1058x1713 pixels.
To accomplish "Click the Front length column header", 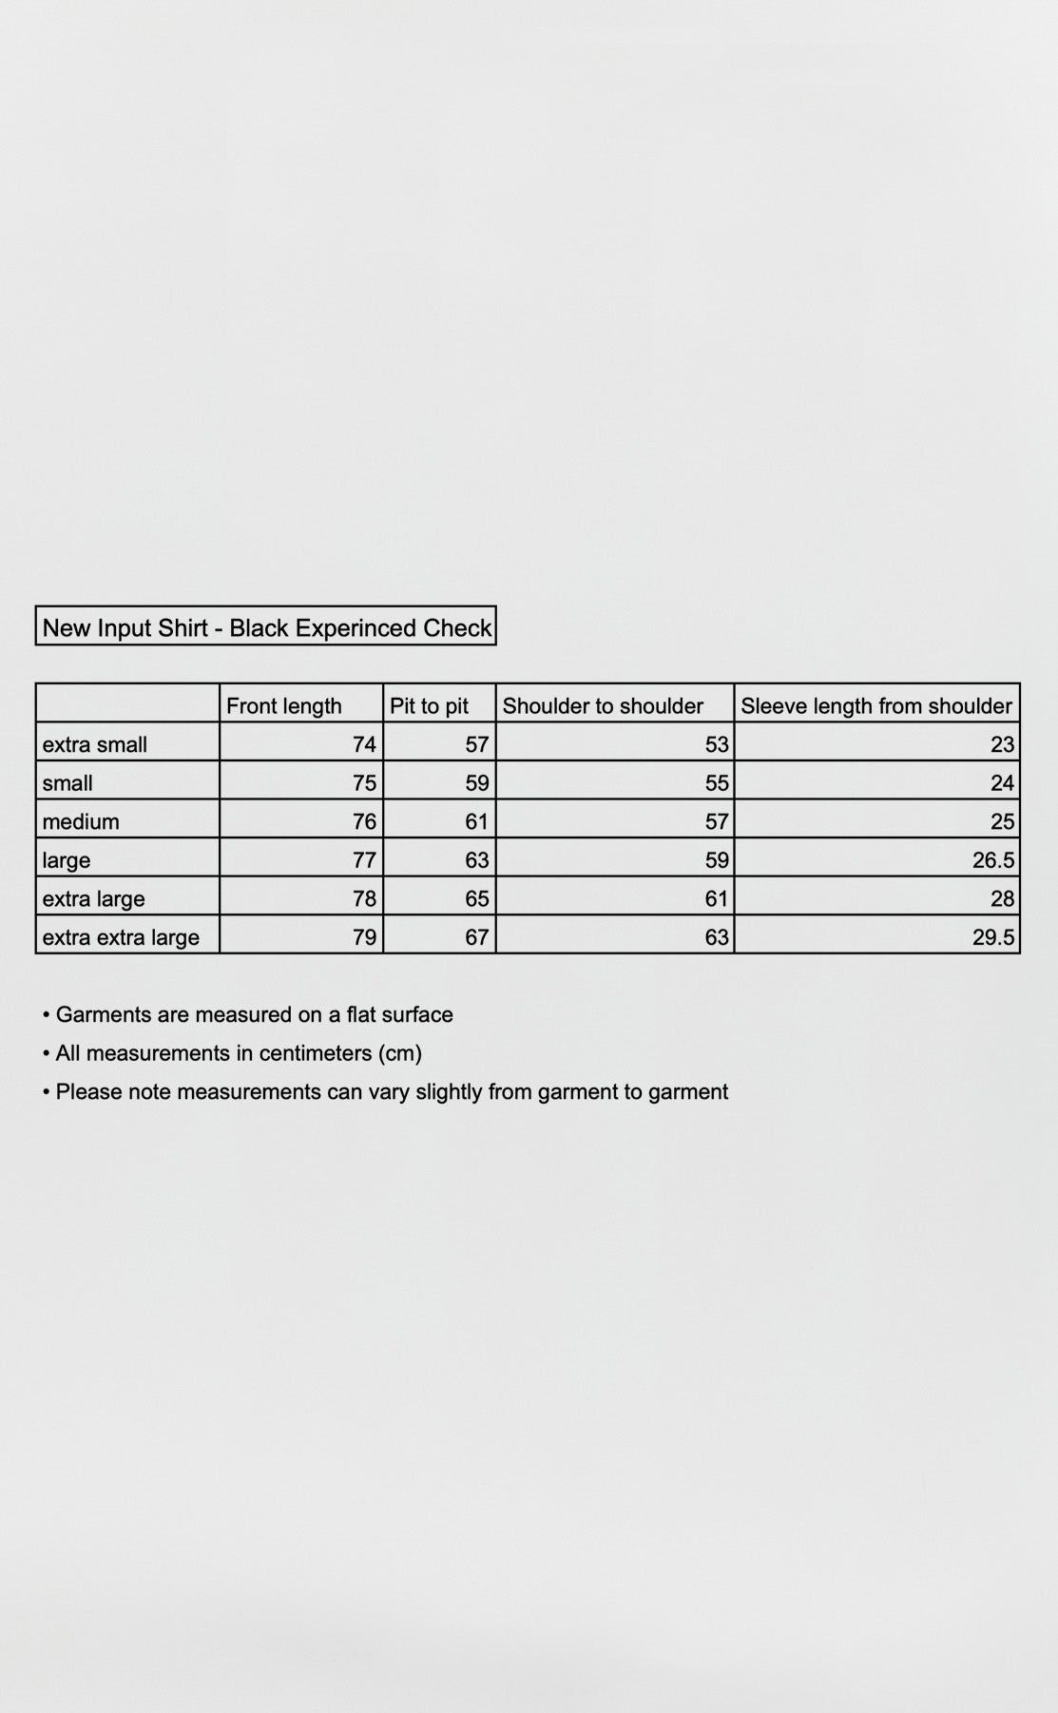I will pyautogui.click(x=283, y=705).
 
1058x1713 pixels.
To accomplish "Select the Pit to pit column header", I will pyautogui.click(x=429, y=705).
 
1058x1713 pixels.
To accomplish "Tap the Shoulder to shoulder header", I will pyautogui.click(x=603, y=705).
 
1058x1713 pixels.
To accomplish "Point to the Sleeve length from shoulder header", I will pyautogui.click(x=875, y=705).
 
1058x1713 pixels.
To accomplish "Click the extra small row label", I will pyautogui.click(x=94, y=744).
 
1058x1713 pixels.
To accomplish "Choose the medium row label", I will pyautogui.click(x=81, y=821).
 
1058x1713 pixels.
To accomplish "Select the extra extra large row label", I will pyautogui.click(x=121, y=937).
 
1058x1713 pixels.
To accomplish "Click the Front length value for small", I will pyautogui.click(x=364, y=783).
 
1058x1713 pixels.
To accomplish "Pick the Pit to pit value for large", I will pyautogui.click(x=476, y=860).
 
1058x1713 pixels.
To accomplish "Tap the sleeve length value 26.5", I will pyautogui.click(x=993, y=860).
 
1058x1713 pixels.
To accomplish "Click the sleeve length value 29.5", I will pyautogui.click(x=993, y=937).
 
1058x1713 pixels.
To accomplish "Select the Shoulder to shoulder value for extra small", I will pyautogui.click(x=717, y=744).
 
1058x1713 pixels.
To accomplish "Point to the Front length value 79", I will pyautogui.click(x=364, y=937).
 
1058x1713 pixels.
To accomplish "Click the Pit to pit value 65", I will pyautogui.click(x=476, y=898).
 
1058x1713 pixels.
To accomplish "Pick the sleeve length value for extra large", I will pyautogui.click(x=1002, y=898).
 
